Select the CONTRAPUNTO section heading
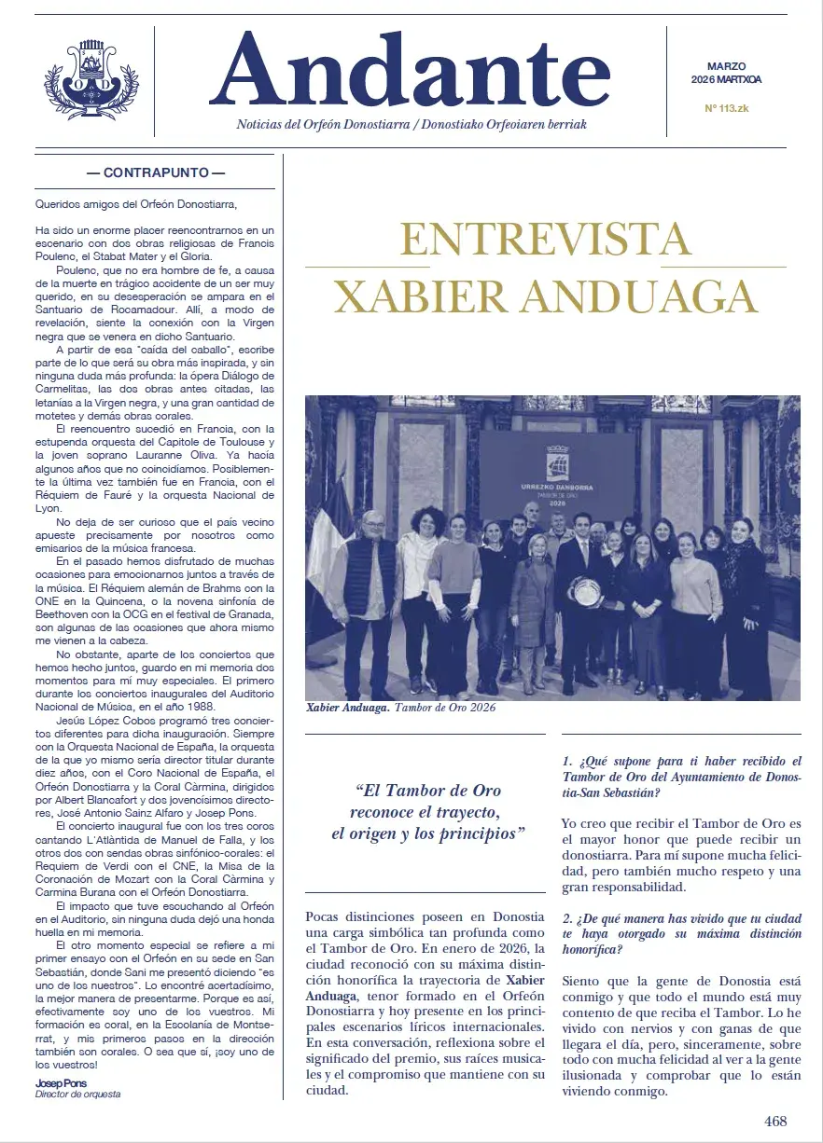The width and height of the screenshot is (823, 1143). coord(155,172)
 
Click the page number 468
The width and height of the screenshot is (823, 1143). coord(775,1121)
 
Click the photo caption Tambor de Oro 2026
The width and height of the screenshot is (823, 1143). coord(446,708)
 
